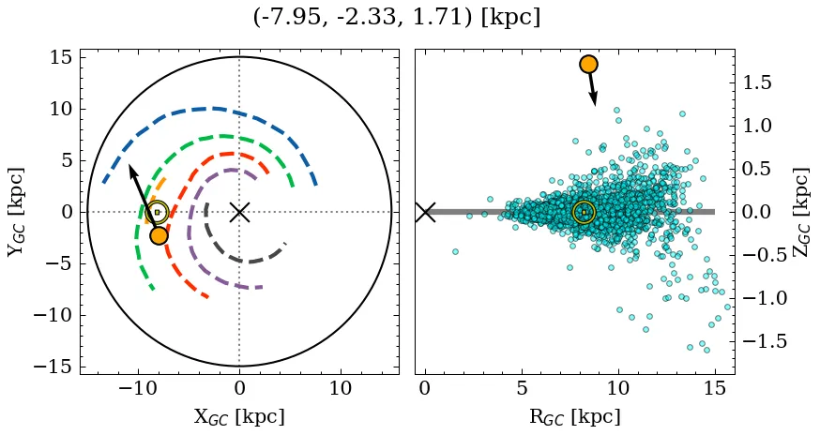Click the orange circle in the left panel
click(159, 235)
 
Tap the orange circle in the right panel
click(588, 64)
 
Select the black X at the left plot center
click(239, 212)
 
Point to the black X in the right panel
click(425, 212)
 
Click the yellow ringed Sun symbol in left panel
click(158, 213)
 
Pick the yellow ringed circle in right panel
click(584, 213)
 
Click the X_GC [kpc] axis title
click(238, 416)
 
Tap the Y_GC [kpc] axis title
click(16, 212)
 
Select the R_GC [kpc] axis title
click(574, 416)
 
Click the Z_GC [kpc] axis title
click(802, 212)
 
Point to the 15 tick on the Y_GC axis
click(60, 58)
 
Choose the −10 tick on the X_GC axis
click(138, 388)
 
